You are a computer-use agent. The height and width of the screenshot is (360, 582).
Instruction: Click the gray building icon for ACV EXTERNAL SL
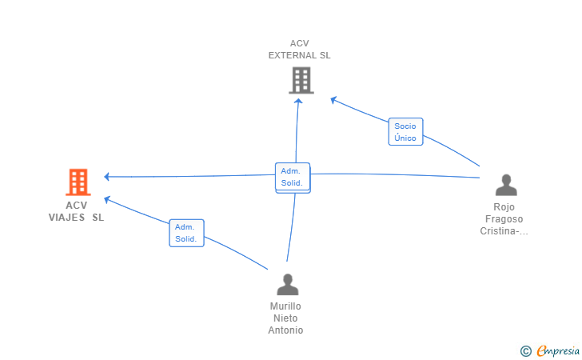301,80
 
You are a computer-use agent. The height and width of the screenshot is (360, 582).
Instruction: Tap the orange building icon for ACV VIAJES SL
78,182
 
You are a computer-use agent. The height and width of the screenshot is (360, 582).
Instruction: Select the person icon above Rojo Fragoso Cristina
506,185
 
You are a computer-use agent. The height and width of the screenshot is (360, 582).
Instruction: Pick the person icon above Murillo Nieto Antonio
287,284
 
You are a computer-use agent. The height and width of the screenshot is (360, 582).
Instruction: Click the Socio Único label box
405,132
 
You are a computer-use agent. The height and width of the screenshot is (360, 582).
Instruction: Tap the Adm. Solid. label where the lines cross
292,177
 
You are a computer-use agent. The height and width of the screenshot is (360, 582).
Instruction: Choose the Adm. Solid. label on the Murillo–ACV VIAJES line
186,233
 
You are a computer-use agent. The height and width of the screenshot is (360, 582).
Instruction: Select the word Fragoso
505,218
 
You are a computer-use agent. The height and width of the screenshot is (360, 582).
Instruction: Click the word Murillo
285,306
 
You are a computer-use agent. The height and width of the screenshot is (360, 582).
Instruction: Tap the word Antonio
285,330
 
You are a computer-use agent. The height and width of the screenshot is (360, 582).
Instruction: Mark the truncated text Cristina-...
504,231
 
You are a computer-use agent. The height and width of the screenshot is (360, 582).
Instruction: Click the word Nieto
285,318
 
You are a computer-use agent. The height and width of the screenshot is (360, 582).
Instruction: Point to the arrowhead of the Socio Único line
333,99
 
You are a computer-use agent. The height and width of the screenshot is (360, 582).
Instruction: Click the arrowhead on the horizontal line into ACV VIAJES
107,176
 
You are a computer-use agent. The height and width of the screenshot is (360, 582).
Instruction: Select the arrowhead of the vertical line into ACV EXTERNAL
299,100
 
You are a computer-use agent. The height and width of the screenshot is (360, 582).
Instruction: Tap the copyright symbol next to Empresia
525,350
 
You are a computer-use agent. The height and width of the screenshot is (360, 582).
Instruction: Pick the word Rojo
504,206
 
